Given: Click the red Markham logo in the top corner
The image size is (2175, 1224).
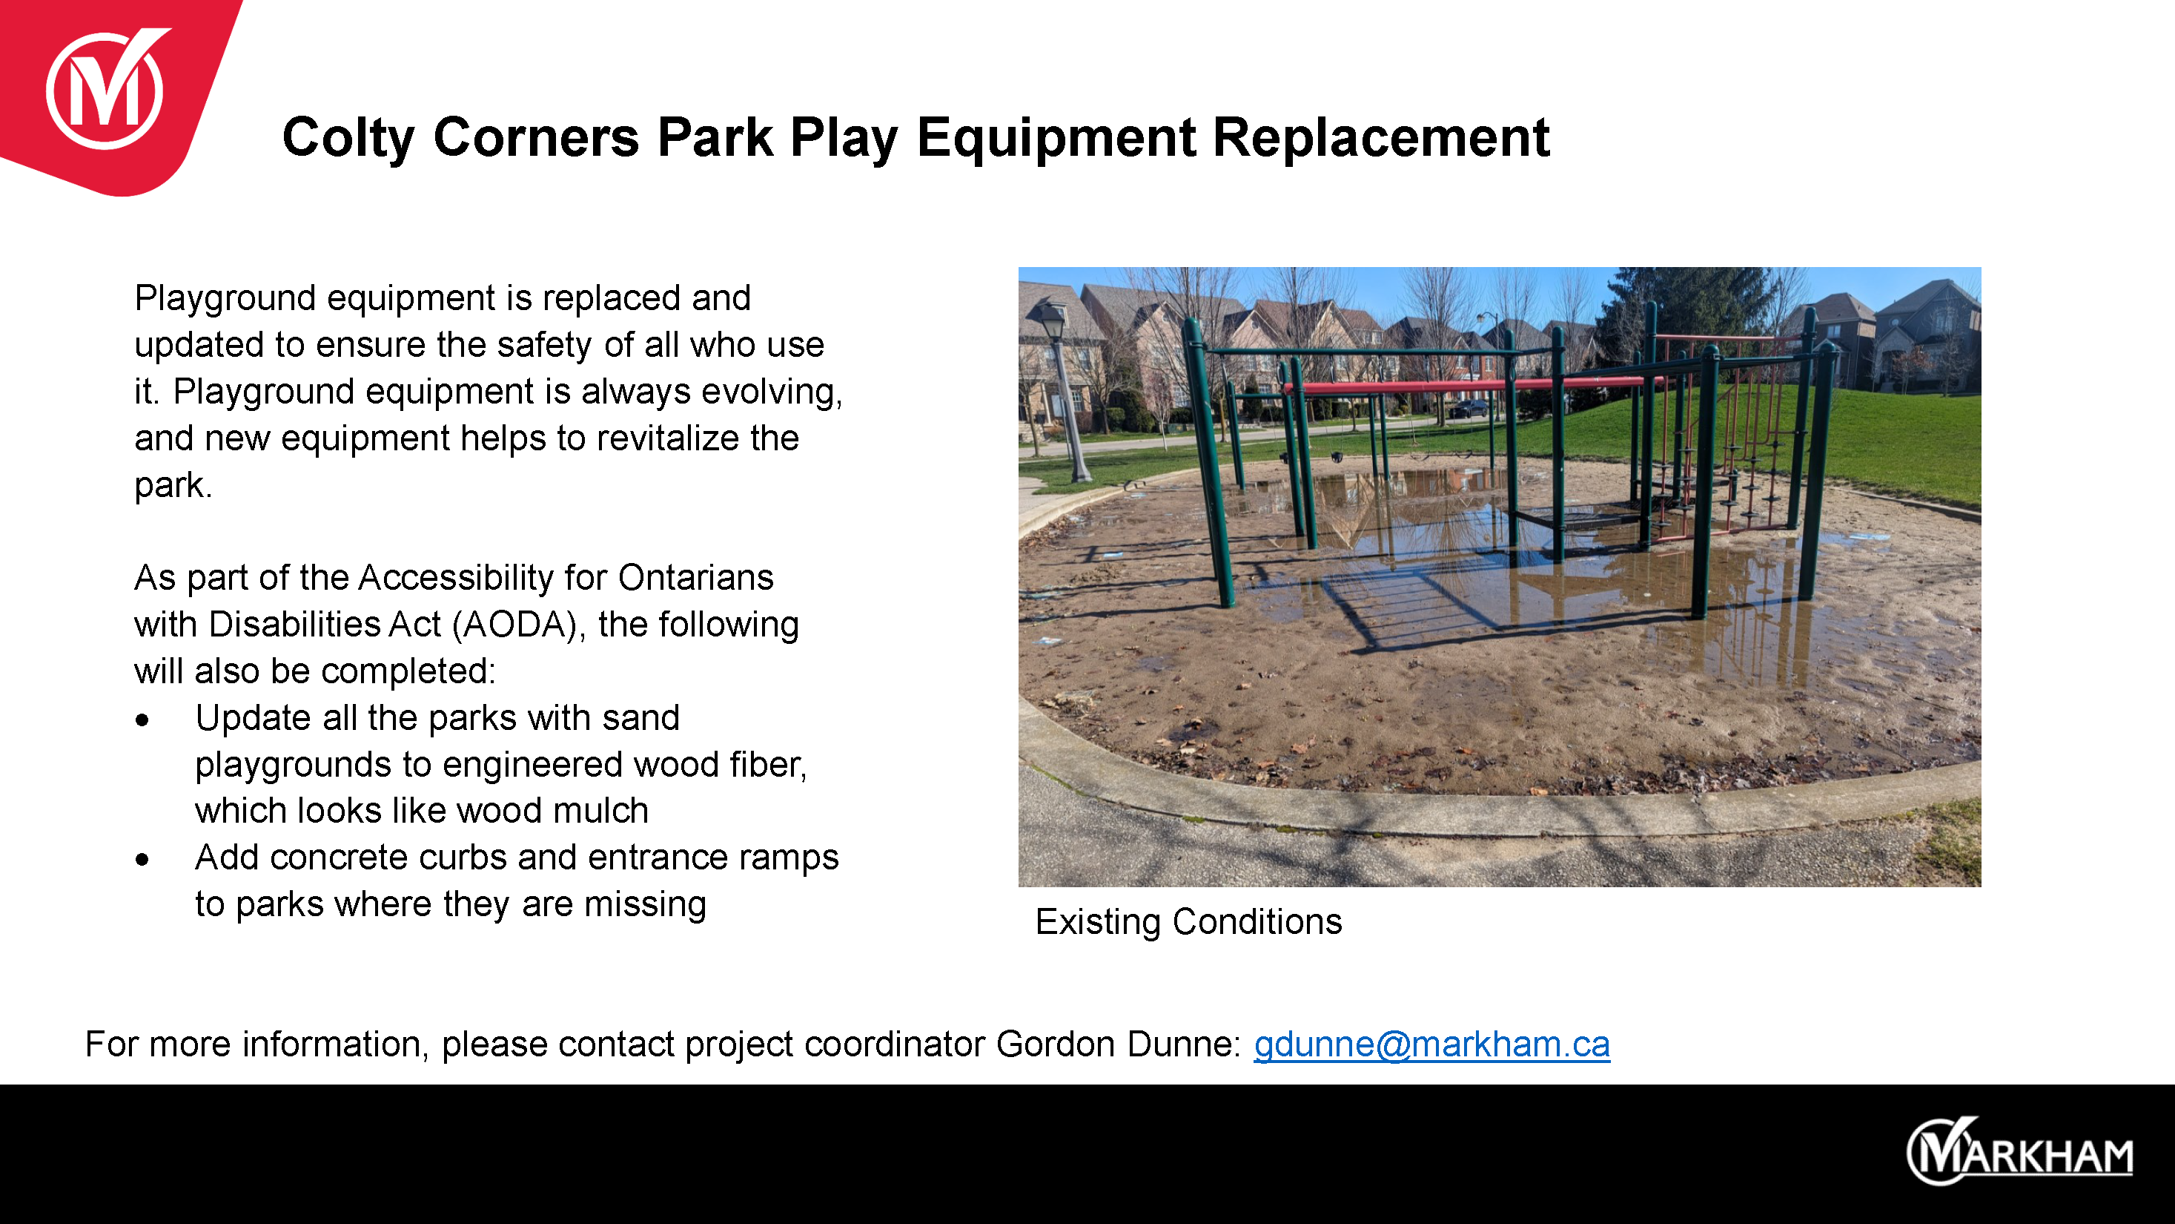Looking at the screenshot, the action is point(105,91).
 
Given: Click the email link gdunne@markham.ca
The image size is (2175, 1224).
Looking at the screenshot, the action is point(1432,1044).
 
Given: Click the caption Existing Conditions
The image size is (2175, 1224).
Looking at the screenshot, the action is point(1188,921).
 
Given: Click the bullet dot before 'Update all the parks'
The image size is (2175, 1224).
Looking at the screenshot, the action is point(142,720).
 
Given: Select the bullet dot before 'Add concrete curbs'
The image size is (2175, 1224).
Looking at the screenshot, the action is point(142,860).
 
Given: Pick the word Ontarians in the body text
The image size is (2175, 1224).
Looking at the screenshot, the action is point(696,578).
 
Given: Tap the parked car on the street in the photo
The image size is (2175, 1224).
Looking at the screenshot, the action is point(1469,409).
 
